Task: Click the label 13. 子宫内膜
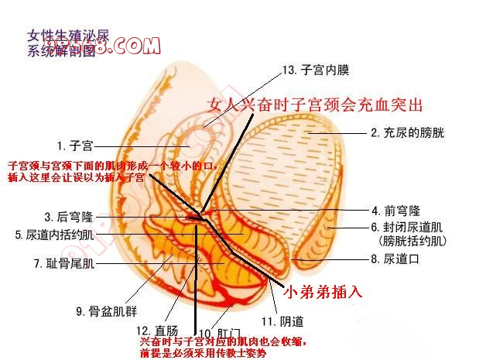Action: point(316,70)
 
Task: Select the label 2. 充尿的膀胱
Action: point(408,132)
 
